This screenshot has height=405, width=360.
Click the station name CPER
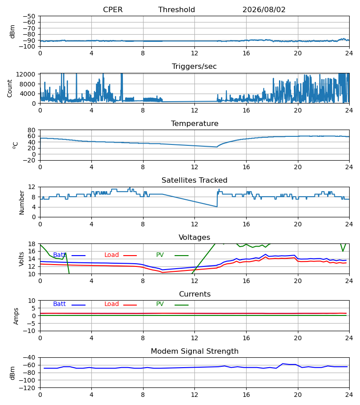[x=112, y=10]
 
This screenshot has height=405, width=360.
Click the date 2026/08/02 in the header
[x=264, y=10]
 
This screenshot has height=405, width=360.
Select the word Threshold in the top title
[x=177, y=10]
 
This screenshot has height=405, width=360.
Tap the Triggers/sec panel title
[x=194, y=67]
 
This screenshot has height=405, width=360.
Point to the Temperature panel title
[x=194, y=123]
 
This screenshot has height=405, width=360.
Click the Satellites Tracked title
[x=194, y=180]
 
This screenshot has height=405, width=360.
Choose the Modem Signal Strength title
[x=194, y=351]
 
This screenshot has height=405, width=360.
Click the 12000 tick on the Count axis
[x=26, y=74]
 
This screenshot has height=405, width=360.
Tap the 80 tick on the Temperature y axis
[x=31, y=130]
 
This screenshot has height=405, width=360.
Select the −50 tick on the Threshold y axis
[x=29, y=16]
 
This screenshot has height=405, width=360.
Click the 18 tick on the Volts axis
[x=31, y=244]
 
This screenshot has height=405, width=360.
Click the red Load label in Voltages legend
[x=112, y=255]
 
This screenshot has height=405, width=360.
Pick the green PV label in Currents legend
[x=160, y=304]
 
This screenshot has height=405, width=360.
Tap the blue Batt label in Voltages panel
[x=59, y=255]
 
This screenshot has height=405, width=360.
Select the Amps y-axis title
[x=16, y=316]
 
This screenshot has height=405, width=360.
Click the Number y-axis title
[x=22, y=202]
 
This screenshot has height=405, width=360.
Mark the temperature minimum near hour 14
[x=216, y=147]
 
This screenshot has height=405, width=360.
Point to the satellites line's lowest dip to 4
[x=216, y=207]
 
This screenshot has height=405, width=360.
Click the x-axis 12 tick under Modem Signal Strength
[x=194, y=395]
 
